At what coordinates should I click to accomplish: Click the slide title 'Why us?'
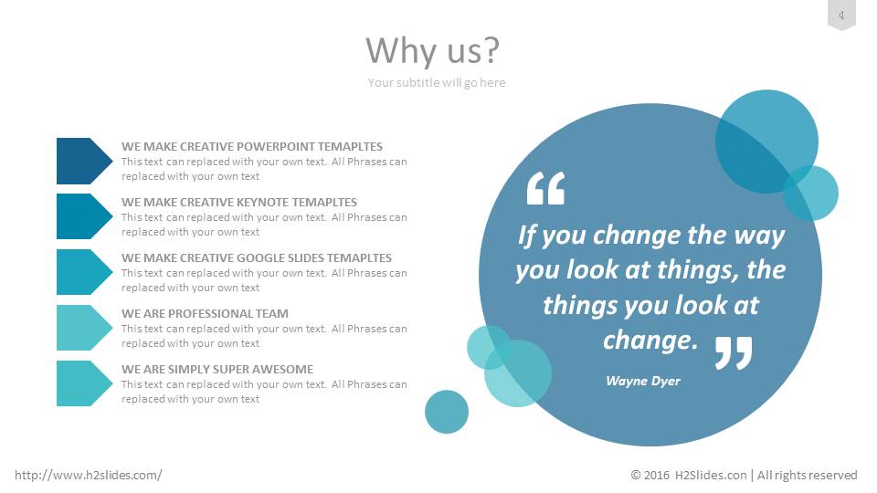tap(432, 50)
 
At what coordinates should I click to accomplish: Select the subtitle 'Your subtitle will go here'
tap(437, 83)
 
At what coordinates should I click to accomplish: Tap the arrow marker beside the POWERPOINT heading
tap(84, 161)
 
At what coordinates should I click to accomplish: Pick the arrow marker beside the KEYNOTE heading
tap(84, 216)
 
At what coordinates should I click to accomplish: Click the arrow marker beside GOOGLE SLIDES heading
tap(84, 272)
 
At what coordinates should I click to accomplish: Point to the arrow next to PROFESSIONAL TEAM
tap(84, 328)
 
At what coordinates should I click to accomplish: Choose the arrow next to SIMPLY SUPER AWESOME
tap(84, 383)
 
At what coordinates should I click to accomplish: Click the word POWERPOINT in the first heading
tap(276, 146)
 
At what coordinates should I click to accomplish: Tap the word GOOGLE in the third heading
tap(259, 258)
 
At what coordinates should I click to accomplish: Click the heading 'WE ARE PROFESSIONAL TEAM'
tap(205, 313)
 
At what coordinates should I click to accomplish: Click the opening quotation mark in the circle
tap(546, 188)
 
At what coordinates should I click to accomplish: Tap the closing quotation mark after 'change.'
tap(734, 352)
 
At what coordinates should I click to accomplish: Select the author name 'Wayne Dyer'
tap(643, 381)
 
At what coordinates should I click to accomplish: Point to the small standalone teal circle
tap(447, 412)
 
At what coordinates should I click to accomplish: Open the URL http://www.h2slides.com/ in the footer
tap(89, 475)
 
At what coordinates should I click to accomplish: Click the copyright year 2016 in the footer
tap(656, 475)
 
